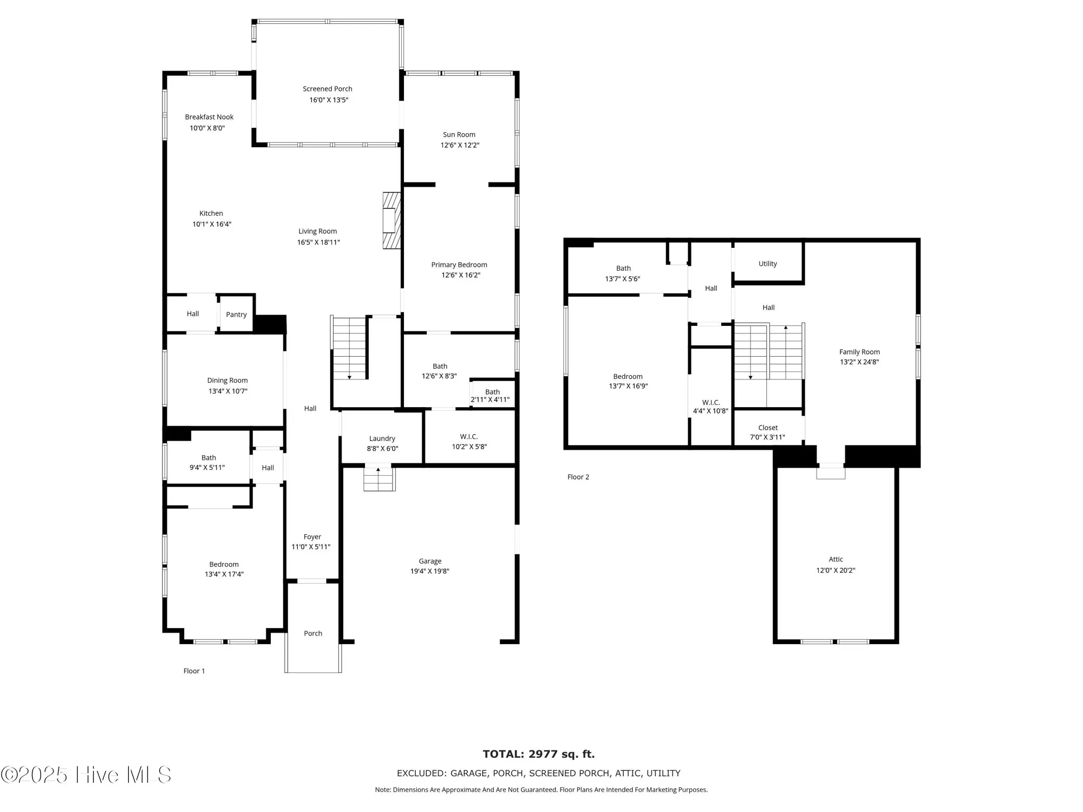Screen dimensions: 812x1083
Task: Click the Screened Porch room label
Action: (327, 89)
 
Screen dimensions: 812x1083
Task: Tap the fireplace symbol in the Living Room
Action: (391, 220)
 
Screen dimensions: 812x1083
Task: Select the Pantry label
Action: (236, 315)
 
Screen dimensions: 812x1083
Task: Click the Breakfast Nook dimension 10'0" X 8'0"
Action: (207, 128)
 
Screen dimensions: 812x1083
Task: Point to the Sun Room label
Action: (459, 135)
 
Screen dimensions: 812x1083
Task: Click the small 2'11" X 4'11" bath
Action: (492, 396)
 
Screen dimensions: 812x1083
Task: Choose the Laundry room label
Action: (382, 438)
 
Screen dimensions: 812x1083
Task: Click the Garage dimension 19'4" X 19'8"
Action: (429, 571)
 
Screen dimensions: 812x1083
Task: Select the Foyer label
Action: (312, 537)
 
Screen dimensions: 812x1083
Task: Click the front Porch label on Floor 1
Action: (312, 633)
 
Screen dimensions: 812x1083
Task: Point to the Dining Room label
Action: (227, 381)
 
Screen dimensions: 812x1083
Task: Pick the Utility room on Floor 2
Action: (767, 264)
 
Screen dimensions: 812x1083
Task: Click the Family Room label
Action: (859, 352)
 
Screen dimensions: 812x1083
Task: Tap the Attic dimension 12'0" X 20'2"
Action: (836, 570)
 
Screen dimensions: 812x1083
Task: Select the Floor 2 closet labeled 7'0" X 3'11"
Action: (767, 432)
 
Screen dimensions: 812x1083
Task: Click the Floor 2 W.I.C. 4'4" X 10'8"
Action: (710, 407)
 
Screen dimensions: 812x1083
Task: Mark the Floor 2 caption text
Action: (578, 477)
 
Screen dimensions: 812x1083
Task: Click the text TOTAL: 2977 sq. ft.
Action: (538, 754)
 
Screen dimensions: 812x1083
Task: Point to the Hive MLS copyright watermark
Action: (87, 775)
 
